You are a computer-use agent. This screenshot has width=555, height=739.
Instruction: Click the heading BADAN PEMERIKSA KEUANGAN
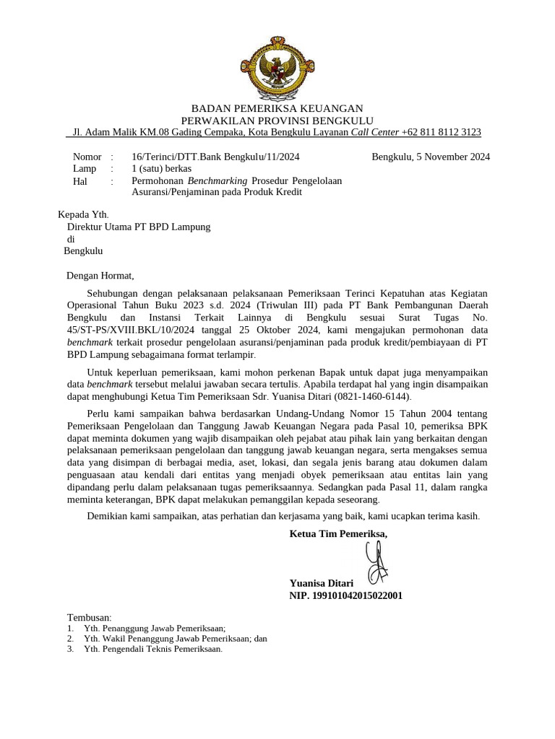277,108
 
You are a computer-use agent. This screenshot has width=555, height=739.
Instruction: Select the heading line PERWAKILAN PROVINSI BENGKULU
277,121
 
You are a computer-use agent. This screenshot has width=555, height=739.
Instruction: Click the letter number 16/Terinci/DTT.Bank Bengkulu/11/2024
215,157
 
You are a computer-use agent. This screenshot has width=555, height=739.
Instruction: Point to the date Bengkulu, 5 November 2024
431,157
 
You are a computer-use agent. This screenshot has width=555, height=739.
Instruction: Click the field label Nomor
87,157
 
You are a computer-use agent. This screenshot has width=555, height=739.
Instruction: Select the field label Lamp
85,168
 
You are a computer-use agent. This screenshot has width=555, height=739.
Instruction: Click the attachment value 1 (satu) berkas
161,168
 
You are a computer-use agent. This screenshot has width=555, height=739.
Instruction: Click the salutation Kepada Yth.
82,214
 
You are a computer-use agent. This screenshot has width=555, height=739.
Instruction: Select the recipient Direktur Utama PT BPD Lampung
138,227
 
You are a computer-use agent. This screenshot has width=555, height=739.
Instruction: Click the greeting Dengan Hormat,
100,275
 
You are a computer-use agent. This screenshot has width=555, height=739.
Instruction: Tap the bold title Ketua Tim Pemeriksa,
338,534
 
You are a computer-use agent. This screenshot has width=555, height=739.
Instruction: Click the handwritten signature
377,562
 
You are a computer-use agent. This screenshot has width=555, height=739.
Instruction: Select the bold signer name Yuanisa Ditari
321,583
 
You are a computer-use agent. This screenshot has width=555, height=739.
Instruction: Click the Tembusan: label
90,618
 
